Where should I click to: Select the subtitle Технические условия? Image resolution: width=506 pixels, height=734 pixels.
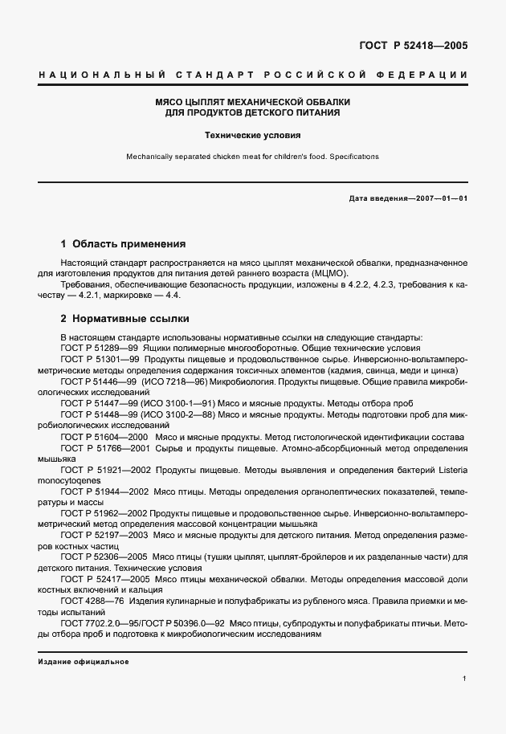(x=253, y=136)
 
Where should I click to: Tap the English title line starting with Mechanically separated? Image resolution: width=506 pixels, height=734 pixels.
(x=253, y=157)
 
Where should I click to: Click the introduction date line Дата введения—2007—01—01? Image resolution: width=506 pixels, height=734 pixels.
(x=408, y=198)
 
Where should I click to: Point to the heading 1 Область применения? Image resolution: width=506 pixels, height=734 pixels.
(x=124, y=243)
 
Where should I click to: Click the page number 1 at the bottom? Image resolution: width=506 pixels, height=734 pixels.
(x=464, y=679)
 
